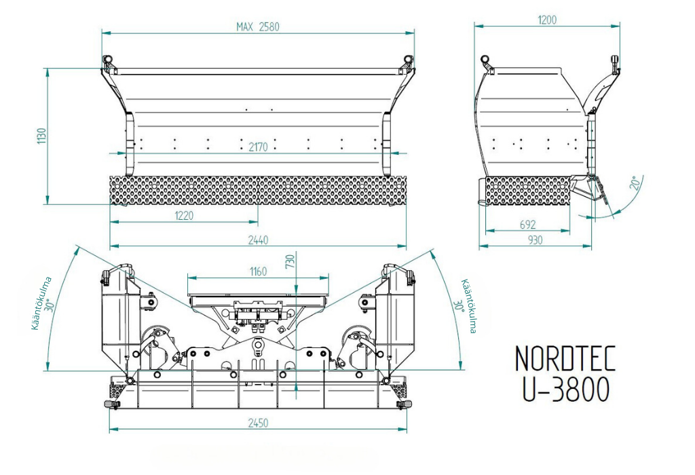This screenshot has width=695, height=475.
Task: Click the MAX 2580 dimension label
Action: coord(258,27)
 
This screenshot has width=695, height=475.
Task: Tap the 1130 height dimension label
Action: coord(41,136)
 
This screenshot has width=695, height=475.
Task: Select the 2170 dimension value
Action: coord(258,147)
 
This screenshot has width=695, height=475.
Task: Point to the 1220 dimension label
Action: coord(184,215)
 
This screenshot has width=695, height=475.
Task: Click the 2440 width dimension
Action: coord(258,240)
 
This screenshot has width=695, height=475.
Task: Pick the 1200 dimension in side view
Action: coord(547,20)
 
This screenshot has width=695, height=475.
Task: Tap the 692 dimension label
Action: coord(527,225)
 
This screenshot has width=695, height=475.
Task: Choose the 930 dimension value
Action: coord(536,240)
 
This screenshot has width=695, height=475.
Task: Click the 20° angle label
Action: coord(635,183)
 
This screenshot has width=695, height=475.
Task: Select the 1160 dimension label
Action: coord(258,271)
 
